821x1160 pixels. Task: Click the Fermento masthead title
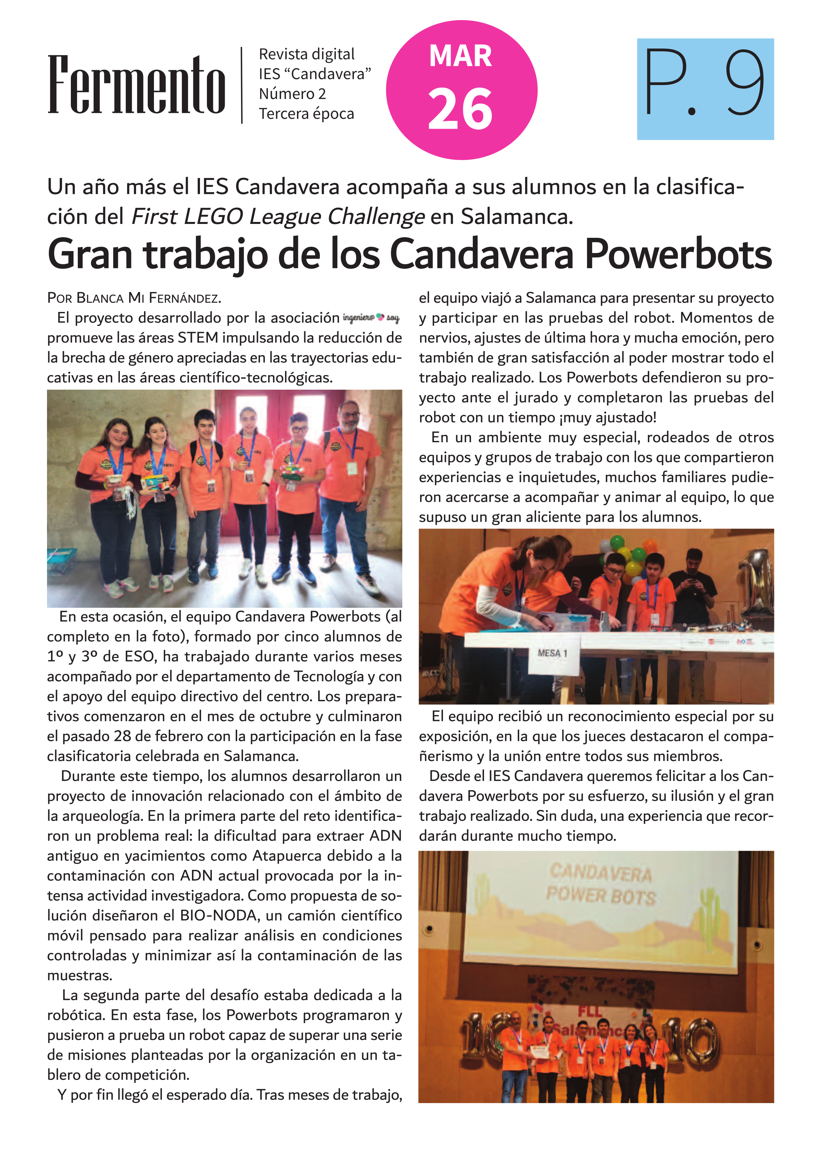tap(136, 85)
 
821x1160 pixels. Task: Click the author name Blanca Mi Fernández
tap(148, 298)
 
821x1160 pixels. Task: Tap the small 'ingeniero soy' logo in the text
tap(370, 318)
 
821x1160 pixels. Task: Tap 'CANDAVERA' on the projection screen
tap(601, 872)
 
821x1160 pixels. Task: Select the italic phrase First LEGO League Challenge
tap(277, 217)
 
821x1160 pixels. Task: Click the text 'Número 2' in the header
tap(292, 94)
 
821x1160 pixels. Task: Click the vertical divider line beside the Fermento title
tap(242, 85)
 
